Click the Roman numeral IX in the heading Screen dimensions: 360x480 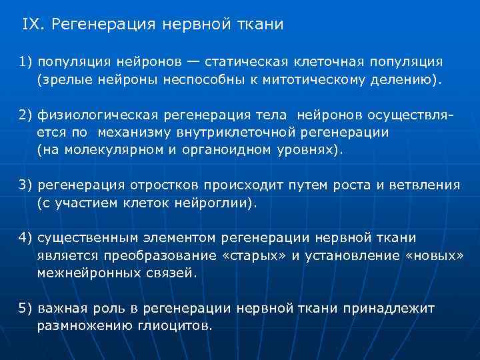(x=31, y=25)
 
